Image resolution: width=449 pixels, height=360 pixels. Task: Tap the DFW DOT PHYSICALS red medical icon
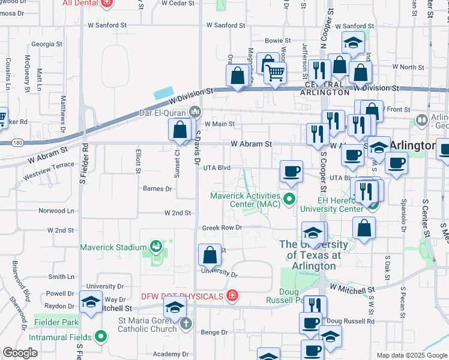[x=232, y=296]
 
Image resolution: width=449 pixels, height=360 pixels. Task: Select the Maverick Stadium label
[x=114, y=247]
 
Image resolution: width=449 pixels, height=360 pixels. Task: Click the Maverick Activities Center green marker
[x=289, y=199]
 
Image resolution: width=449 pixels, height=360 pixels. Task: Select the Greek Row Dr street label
[x=221, y=227]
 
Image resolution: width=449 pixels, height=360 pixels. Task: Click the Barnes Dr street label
[x=157, y=188]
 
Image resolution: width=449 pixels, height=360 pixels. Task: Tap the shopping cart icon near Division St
[x=275, y=74]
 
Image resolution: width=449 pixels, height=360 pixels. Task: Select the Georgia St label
[x=43, y=44]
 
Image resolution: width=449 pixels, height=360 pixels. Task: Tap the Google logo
[x=20, y=353]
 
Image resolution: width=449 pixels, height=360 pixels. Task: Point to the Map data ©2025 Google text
[x=411, y=355]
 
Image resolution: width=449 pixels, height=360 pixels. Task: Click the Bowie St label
[x=278, y=41]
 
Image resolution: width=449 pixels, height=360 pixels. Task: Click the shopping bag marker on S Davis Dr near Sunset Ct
[x=180, y=130]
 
